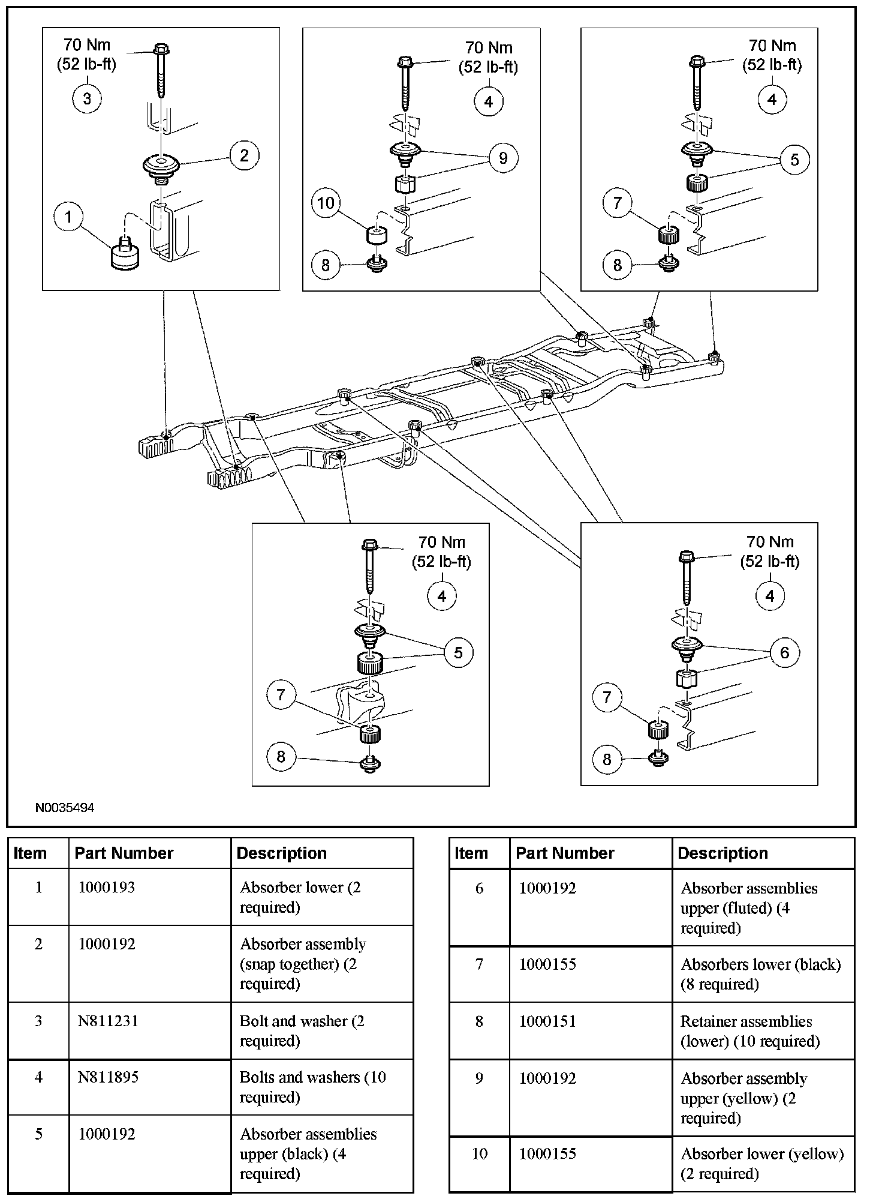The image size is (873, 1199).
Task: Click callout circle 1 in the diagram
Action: tap(68, 217)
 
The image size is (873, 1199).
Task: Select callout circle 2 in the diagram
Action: tap(243, 155)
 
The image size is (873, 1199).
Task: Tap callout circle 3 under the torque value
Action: tap(87, 98)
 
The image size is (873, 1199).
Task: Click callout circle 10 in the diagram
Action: tap(326, 203)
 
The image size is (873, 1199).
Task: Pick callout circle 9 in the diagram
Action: tap(502, 158)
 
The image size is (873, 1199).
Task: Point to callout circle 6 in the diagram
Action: tap(784, 652)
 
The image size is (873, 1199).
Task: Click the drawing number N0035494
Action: tap(65, 808)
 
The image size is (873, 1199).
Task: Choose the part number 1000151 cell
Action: tap(547, 1021)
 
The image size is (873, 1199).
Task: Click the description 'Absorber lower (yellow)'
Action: tap(762, 1153)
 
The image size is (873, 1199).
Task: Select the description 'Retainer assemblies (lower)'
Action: tap(749, 1031)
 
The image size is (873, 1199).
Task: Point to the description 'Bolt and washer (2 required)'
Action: tap(302, 1030)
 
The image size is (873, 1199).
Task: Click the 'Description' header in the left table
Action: tap(282, 853)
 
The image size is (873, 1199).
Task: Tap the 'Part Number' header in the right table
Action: tap(565, 853)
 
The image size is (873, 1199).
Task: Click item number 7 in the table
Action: tap(479, 964)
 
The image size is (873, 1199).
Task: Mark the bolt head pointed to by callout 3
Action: tap(161, 49)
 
